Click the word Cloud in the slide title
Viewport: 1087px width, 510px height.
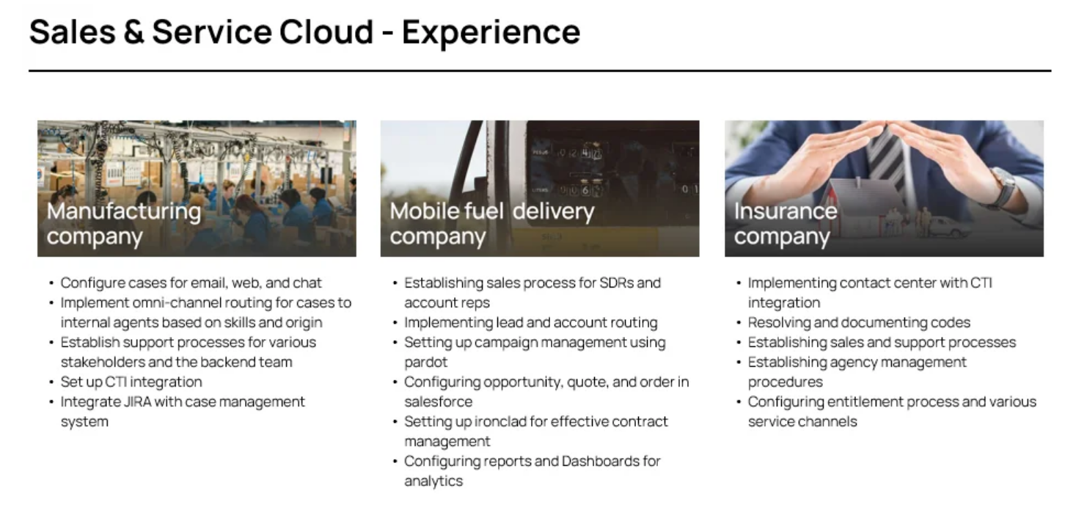[x=326, y=32]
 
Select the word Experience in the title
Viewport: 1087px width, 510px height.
[x=491, y=34]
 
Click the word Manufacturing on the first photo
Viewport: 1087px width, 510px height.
[x=124, y=212]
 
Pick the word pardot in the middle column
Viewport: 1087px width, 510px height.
[x=425, y=363]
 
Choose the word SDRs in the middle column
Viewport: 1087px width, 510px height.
[x=615, y=283]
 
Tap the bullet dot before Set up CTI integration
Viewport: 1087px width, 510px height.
[x=51, y=382]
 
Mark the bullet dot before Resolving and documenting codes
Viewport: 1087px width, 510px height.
[x=739, y=323]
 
